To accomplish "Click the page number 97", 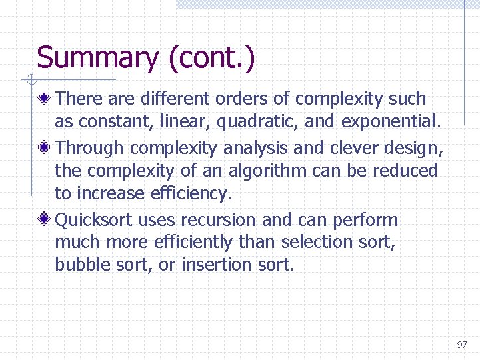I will coord(462,345).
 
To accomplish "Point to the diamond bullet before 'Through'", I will coord(45,147).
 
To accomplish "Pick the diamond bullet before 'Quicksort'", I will coord(45,219).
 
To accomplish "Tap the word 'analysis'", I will coord(253,147).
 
